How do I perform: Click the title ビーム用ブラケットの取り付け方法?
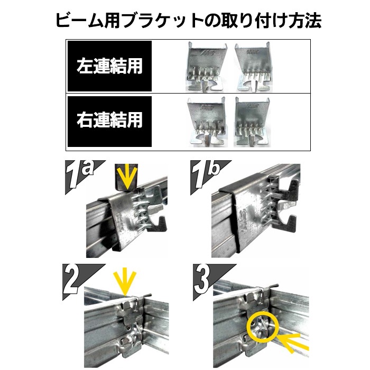pyautogui.click(x=188, y=21)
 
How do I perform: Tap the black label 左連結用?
pyautogui.click(x=109, y=66)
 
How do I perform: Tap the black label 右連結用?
pyautogui.click(x=109, y=121)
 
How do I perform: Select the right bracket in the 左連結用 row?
pyautogui.click(x=254, y=67)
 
